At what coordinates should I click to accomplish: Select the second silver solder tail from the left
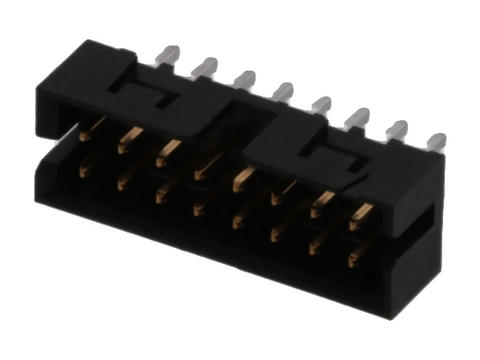208,67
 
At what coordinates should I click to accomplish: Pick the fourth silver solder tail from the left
284,92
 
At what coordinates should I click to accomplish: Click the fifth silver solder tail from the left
321,104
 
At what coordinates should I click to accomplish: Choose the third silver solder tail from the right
358,117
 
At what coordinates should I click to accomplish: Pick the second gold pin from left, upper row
127,140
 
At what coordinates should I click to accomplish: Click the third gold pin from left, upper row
166,152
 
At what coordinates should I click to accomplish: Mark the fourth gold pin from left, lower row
199,207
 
